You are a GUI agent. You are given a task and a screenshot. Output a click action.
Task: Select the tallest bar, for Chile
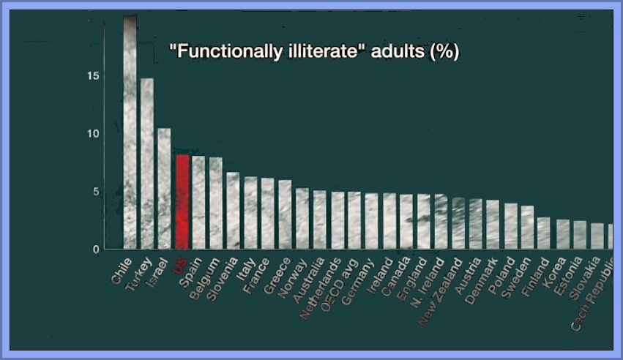coord(130,132)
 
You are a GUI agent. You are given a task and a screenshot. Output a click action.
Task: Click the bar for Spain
coord(198,203)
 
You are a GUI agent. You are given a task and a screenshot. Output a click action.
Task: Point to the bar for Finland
coord(543,233)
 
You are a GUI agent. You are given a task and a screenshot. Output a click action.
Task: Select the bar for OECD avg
coord(354,220)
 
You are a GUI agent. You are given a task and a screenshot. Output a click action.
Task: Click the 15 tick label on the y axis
coord(94,77)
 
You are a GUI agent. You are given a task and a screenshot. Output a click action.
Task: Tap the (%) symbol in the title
coord(444,53)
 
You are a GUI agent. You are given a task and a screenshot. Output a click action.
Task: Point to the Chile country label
coord(121,269)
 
